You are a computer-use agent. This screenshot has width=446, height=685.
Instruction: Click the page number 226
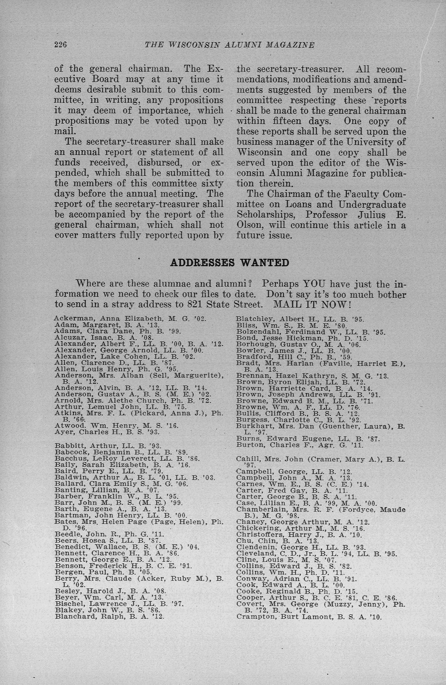60,45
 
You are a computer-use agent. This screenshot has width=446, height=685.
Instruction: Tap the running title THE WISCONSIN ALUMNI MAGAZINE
230,45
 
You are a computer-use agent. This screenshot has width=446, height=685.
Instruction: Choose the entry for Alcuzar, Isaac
104,337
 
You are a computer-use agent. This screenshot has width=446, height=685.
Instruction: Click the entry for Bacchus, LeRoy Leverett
127,458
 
